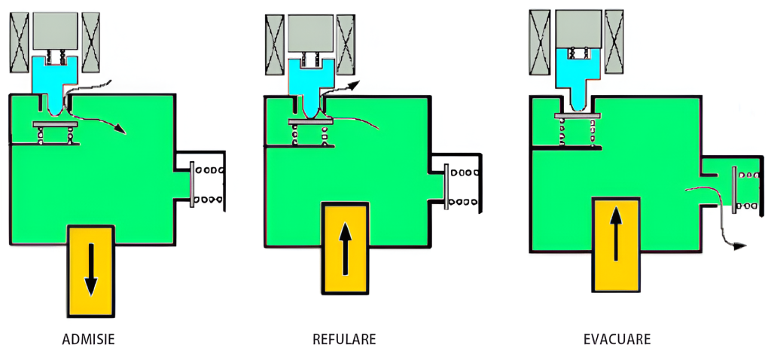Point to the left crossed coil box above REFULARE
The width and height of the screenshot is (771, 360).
(273, 47)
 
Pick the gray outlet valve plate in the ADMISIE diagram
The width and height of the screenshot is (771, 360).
(193, 185)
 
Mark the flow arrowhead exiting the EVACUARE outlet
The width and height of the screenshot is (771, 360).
(741, 246)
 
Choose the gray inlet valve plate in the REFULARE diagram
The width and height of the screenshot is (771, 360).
(309, 121)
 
